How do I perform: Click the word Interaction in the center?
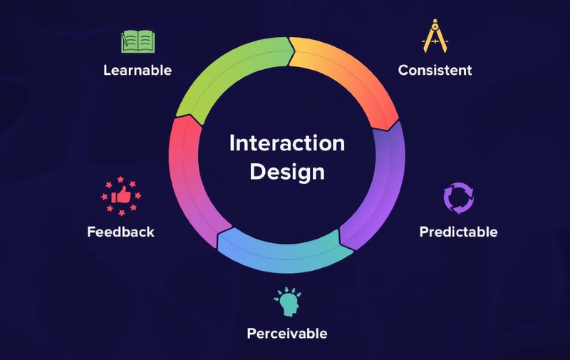point(286,143)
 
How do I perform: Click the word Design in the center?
point(286,172)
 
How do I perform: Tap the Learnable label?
point(137,71)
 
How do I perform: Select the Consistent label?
point(435,70)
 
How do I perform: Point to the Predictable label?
point(458,232)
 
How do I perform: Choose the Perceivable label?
point(287,333)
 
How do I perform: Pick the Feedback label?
point(120,232)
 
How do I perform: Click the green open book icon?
point(137,41)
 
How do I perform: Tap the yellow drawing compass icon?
point(434,39)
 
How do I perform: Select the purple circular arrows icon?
point(458,200)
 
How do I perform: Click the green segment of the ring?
point(221,71)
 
